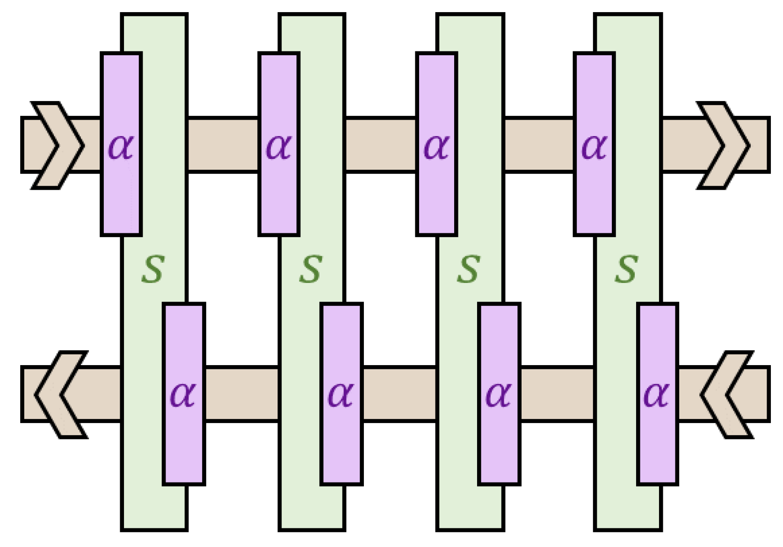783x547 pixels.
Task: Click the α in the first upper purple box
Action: click(x=121, y=146)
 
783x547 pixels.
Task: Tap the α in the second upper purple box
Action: click(x=278, y=146)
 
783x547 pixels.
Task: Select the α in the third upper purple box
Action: click(x=436, y=146)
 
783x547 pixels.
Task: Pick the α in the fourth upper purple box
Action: click(x=594, y=146)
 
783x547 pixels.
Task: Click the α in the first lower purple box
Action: click(x=183, y=395)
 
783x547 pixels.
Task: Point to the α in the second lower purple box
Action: click(x=341, y=395)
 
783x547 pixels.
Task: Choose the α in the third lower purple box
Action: click(x=499, y=395)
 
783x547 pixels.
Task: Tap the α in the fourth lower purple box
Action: click(x=657, y=395)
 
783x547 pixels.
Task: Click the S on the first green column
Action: click(x=153, y=269)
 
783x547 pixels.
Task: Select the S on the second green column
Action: click(x=311, y=269)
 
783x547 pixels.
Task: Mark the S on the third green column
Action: click(x=469, y=269)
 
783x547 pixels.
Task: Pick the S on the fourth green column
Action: click(x=627, y=269)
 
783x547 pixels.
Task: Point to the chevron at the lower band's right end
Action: click(x=727, y=395)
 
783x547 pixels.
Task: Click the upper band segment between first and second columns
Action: click(x=223, y=145)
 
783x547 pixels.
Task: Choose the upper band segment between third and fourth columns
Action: click(x=539, y=145)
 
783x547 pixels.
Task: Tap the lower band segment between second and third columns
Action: click(x=400, y=395)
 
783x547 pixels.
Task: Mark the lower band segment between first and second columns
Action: click(x=242, y=395)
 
